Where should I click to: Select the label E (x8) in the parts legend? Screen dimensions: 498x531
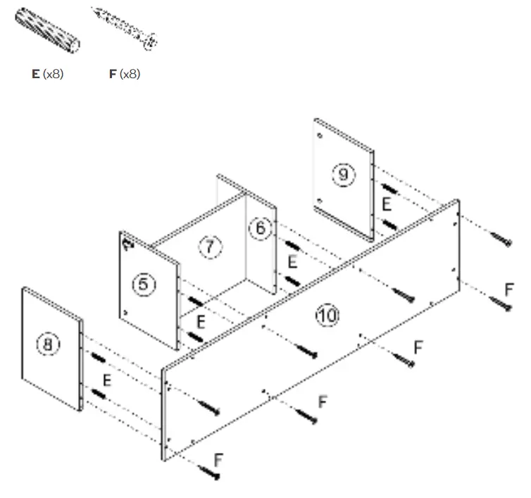pos(48,73)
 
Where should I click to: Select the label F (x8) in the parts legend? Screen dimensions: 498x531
pos(125,73)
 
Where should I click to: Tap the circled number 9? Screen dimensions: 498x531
pos(343,174)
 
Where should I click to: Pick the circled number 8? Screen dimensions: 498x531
pos(48,344)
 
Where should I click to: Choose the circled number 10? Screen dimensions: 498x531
pos(327,316)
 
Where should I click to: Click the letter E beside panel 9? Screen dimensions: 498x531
pos(386,204)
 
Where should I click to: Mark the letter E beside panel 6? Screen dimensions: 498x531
pos(292,262)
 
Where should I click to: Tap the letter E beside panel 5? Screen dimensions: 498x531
pos(201,323)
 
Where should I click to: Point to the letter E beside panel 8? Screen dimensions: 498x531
pos(107,380)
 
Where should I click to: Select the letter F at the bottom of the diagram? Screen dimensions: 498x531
pos(218,461)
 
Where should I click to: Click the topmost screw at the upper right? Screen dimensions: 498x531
pos(502,239)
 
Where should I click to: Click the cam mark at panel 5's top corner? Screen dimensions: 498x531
pos(128,244)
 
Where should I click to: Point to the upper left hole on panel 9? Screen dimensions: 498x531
pos(320,135)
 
